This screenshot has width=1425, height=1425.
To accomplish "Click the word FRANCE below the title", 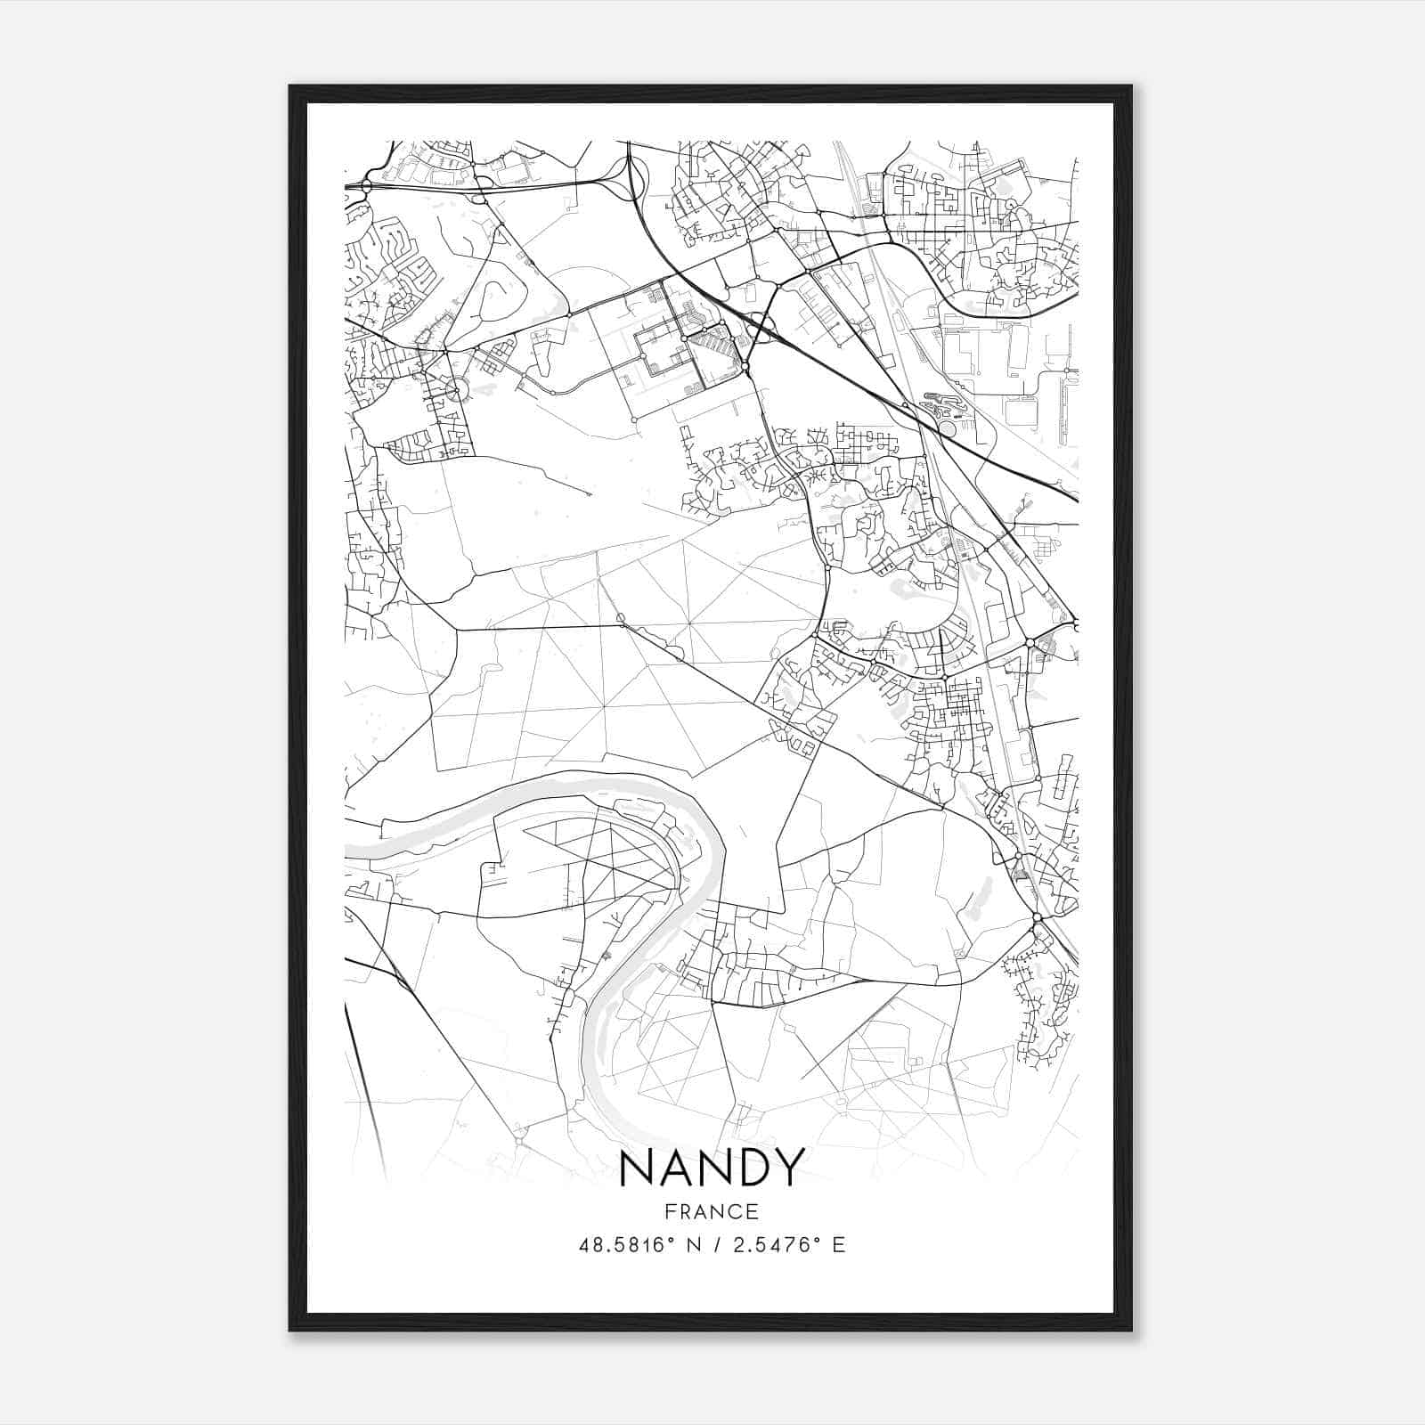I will click(711, 1211).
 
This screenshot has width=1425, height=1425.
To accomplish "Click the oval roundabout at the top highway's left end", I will click(365, 186).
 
